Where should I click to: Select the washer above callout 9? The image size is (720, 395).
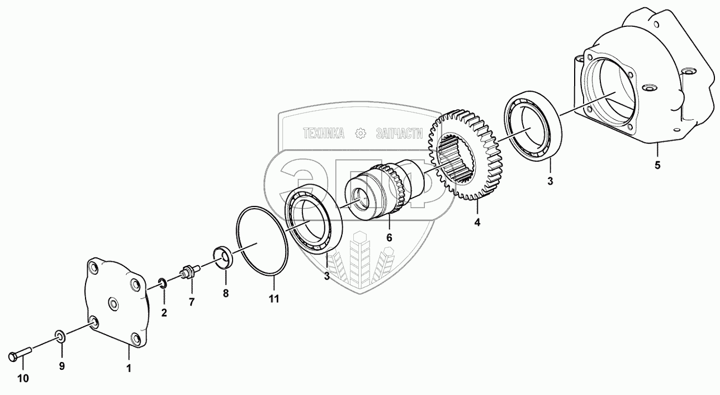60,336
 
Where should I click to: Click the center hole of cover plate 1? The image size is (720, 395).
114,304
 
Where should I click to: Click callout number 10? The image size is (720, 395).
22,379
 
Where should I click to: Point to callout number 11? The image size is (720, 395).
273,299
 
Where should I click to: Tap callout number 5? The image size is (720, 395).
657,166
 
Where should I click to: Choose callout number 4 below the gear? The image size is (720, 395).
477,222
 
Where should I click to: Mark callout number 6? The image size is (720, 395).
389,238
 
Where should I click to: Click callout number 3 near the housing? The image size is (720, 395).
550,181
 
